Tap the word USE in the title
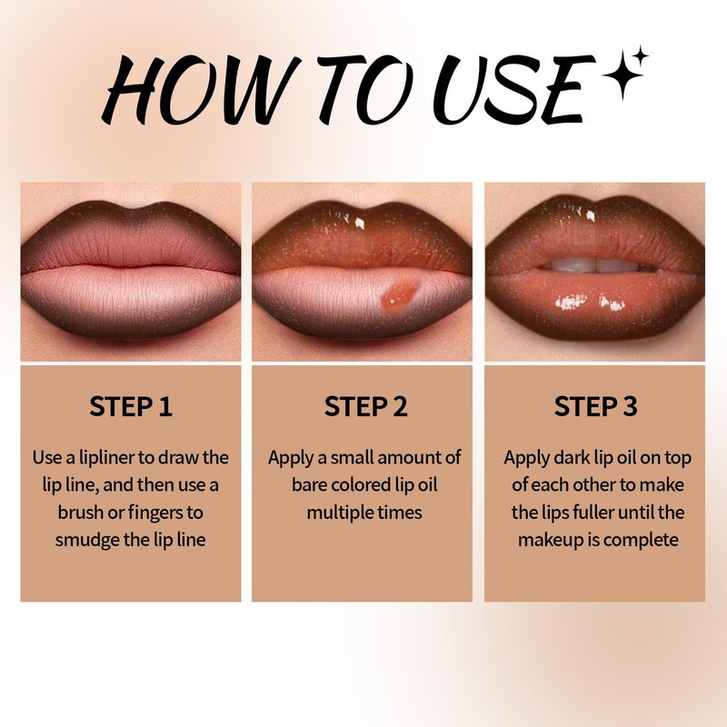(513, 89)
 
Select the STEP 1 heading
(131, 406)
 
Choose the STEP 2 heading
(365, 406)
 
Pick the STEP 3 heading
(596, 406)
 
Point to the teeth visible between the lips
(596, 265)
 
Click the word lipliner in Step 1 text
(106, 459)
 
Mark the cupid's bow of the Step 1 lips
(131, 212)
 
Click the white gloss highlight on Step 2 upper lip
(359, 223)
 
